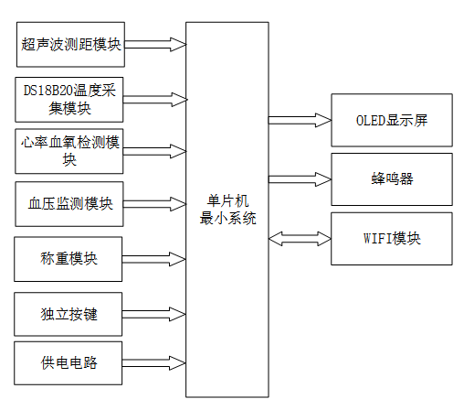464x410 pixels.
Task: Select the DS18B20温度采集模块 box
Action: pos(70,100)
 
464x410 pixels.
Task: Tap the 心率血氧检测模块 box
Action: pos(70,151)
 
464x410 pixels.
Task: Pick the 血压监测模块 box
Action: pos(70,204)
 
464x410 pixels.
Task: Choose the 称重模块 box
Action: pos(70,259)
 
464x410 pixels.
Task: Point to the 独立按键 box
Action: pos(70,314)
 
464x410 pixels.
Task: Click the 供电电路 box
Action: pos(70,363)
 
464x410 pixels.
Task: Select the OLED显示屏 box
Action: pos(391,121)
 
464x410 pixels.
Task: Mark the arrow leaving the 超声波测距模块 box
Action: pos(154,44)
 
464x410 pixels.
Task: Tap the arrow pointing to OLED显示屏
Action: pos(299,121)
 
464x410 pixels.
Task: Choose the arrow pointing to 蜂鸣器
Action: pos(299,177)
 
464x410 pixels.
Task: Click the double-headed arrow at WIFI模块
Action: pos(299,238)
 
